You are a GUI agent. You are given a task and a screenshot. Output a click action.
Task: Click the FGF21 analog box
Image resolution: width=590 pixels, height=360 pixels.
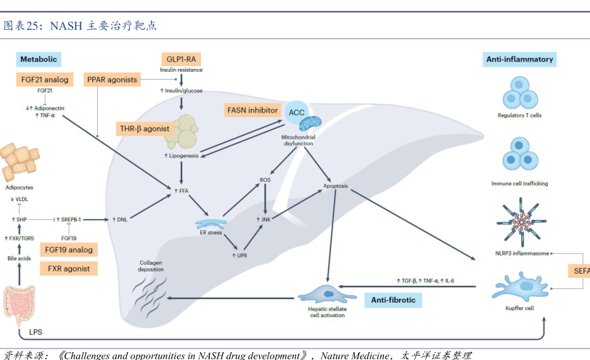(45, 79)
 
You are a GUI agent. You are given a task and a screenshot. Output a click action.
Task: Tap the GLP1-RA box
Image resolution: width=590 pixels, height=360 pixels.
(180, 59)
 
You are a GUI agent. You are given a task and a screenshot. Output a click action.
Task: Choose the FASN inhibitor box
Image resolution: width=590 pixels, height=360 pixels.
(251, 110)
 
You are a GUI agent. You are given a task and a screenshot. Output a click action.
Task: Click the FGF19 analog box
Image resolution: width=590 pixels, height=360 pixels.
(69, 250)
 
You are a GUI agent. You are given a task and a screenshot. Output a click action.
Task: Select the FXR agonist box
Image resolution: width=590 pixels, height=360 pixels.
(69, 268)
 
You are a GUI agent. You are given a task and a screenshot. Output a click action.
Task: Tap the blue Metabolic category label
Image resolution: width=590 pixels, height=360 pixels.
(38, 59)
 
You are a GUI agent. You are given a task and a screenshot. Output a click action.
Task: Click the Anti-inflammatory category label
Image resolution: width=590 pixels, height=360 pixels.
(519, 59)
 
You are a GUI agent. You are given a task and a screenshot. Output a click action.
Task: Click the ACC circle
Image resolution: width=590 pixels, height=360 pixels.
(296, 111)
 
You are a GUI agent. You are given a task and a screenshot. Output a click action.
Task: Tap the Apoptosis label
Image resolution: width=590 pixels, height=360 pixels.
(335, 187)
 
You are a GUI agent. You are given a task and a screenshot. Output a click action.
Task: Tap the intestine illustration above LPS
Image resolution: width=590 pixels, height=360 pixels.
(20, 304)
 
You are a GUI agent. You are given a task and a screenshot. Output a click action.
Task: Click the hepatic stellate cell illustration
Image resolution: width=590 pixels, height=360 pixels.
(322, 293)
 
